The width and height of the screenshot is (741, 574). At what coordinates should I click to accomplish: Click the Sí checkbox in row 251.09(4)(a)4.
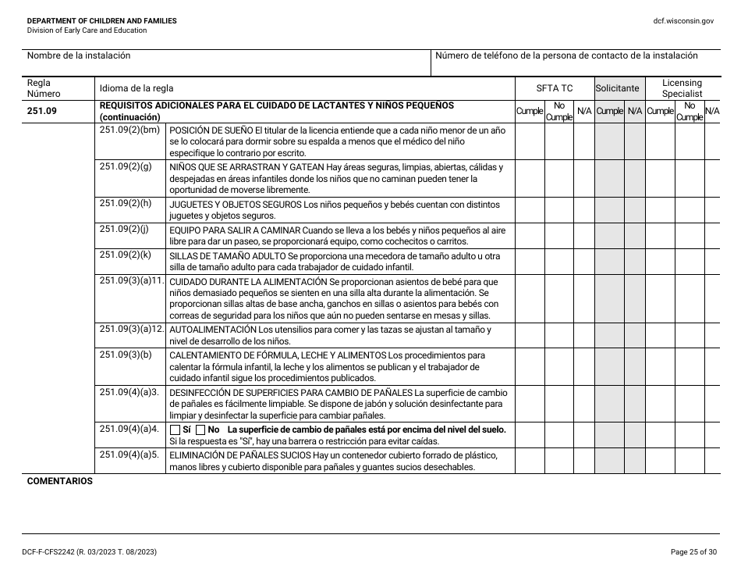click(x=175, y=430)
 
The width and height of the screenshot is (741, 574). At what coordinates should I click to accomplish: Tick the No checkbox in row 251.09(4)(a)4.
click(x=200, y=430)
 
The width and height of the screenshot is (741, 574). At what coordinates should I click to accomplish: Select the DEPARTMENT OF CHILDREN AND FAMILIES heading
click(x=101, y=20)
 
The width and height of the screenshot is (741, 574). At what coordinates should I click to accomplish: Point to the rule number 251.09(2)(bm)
click(x=129, y=129)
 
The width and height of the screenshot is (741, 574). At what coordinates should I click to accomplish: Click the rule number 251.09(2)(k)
click(x=126, y=255)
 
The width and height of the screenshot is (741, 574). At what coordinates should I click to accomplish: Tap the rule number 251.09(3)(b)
click(x=126, y=355)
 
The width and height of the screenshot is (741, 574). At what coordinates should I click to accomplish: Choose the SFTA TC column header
click(x=554, y=88)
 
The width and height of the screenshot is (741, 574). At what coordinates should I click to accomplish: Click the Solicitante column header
click(x=617, y=88)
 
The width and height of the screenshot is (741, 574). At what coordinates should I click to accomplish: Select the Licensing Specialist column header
click(x=682, y=88)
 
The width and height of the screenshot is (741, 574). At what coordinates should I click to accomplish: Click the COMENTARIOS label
click(x=59, y=481)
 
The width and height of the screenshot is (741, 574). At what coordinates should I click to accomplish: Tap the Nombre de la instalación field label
click(x=79, y=55)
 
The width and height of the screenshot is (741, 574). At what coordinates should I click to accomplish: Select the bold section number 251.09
click(x=41, y=111)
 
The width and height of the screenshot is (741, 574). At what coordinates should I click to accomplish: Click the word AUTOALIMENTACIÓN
click(x=213, y=330)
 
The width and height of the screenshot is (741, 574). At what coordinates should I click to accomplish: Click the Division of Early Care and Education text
click(x=87, y=30)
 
